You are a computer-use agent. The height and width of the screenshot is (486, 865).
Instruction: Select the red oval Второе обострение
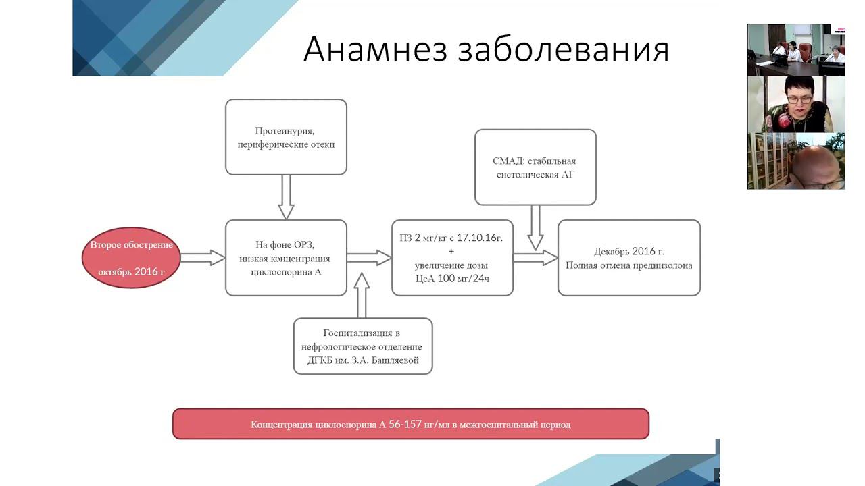click(x=131, y=257)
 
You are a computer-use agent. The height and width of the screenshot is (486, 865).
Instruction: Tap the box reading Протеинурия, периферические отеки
click(x=286, y=137)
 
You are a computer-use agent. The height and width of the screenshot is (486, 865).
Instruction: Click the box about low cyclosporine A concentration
click(x=286, y=257)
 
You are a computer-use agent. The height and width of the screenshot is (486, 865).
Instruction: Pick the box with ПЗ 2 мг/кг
click(x=452, y=257)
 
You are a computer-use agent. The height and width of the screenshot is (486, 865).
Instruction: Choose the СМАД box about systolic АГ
click(x=535, y=167)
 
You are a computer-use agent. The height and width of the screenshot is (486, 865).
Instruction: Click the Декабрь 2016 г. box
click(x=628, y=257)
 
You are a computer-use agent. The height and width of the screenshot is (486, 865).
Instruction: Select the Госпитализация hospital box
click(x=362, y=346)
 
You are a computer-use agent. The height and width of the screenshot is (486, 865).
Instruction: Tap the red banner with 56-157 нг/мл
click(x=410, y=425)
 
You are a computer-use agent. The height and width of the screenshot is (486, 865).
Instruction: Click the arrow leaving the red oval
click(x=202, y=257)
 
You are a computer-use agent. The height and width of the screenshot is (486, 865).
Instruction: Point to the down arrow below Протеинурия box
click(x=286, y=197)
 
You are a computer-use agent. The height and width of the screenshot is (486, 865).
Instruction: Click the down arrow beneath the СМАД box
click(x=535, y=227)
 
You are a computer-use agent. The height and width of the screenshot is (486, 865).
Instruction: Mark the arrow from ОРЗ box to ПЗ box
click(x=369, y=257)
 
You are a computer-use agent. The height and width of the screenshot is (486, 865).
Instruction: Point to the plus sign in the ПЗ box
click(x=452, y=251)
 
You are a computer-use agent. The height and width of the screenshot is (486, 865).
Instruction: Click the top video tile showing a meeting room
click(x=795, y=50)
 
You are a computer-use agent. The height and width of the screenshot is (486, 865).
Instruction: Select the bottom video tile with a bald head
click(x=795, y=161)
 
